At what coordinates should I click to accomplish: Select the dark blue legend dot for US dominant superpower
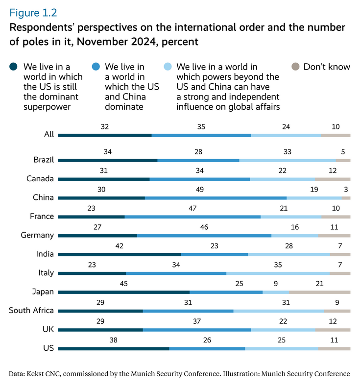14,67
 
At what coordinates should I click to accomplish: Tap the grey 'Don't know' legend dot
295,67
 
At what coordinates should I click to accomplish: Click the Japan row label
43,292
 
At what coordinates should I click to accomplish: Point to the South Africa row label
31,311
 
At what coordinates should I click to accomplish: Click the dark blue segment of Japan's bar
123,292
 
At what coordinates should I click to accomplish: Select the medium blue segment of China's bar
216,198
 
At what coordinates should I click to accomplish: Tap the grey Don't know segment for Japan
319,292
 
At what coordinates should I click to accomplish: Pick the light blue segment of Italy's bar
278,273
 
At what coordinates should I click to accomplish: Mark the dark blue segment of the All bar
104,135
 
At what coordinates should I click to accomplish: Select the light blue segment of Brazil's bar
288,160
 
